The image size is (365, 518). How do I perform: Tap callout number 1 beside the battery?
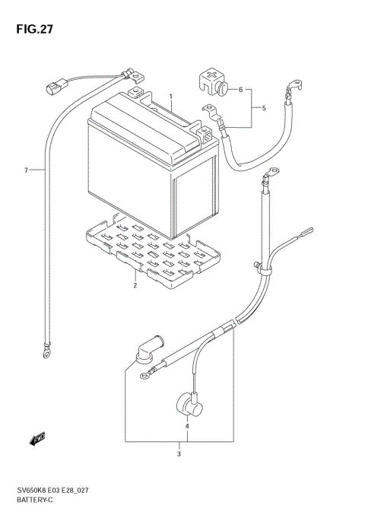[x=171, y=97]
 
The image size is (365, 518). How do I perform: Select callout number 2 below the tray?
[x=135, y=286]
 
